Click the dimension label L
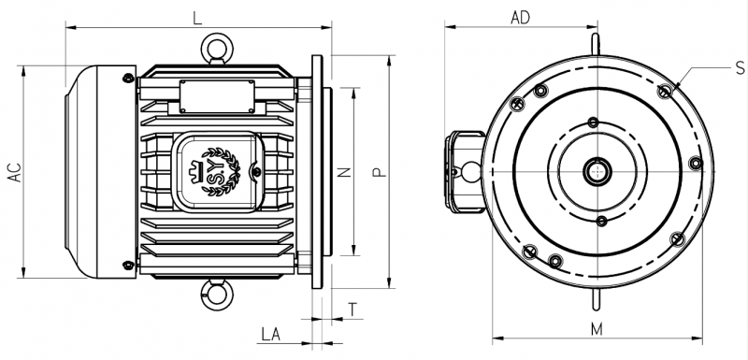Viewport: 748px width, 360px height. pyautogui.click(x=197, y=18)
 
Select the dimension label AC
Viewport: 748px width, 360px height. pyautogui.click(x=15, y=172)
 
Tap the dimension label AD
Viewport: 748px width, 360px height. pyautogui.click(x=520, y=18)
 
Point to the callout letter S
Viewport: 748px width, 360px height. pyautogui.click(x=740, y=67)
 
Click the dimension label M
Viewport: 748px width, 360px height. pyautogui.click(x=597, y=329)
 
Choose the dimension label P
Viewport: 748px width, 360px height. pyautogui.click(x=380, y=172)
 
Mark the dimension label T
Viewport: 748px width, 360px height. pyautogui.click(x=352, y=310)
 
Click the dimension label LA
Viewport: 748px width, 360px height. pyautogui.click(x=270, y=334)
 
